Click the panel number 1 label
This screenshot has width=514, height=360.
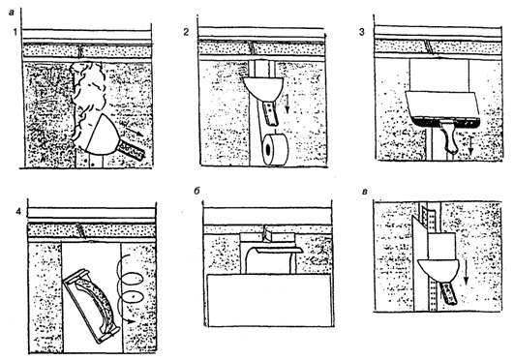[x=15, y=32]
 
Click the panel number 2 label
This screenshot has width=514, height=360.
[x=186, y=32]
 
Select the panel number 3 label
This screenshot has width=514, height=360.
[x=362, y=33]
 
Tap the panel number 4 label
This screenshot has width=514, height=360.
[x=18, y=212]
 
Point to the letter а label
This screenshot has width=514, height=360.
[x=12, y=13]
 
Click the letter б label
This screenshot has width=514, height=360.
[x=197, y=191]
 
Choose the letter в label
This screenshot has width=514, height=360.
[x=364, y=192]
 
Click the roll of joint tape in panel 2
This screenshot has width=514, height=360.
[x=275, y=149]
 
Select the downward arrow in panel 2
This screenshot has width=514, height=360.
[x=287, y=104]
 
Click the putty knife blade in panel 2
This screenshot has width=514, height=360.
[x=263, y=88]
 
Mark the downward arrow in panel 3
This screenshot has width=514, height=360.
[x=470, y=145]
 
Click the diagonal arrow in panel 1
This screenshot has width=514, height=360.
[x=134, y=132]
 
